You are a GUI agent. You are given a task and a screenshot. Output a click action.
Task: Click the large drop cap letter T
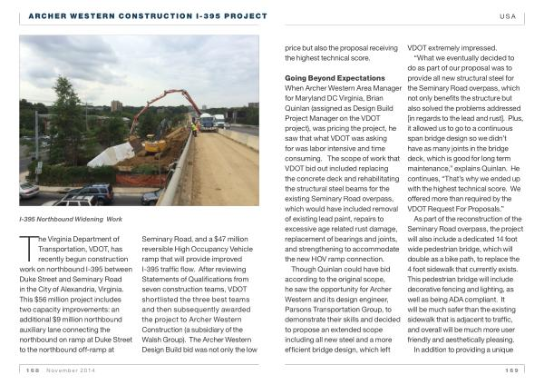[x=25, y=243]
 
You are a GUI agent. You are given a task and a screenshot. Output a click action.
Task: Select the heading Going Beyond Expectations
[x=323, y=78]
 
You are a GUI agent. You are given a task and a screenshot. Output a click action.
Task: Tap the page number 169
[x=512, y=370]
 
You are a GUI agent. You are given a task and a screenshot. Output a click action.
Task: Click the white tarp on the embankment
[x=112, y=154]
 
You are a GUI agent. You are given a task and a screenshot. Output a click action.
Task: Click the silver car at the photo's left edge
[x=29, y=190]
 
